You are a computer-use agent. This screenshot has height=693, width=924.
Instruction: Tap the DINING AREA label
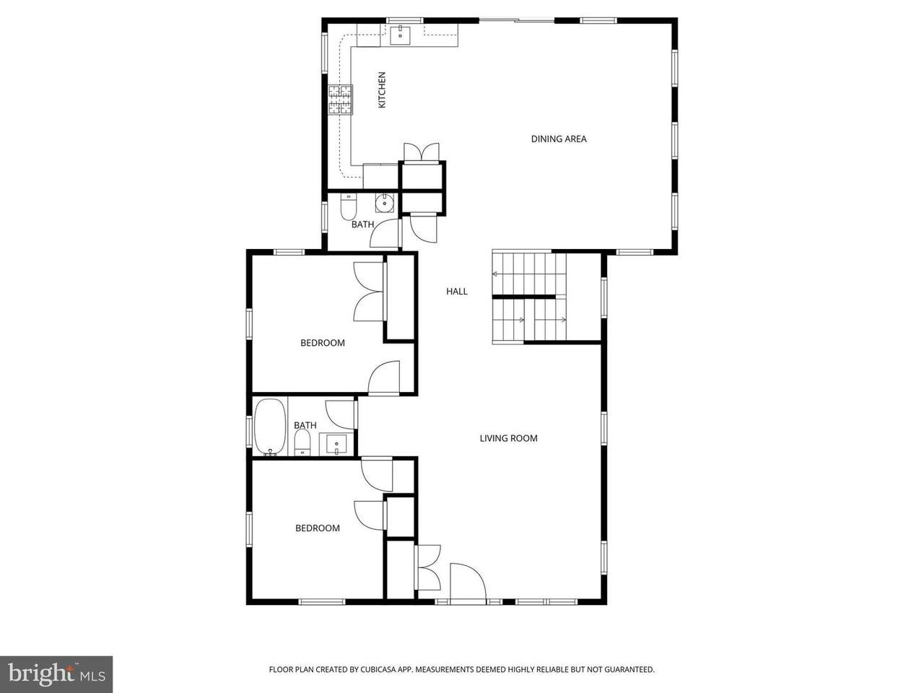click(x=559, y=139)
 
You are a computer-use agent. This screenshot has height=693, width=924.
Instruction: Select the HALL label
click(x=457, y=291)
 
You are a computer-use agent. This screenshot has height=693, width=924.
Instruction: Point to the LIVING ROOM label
click(x=508, y=438)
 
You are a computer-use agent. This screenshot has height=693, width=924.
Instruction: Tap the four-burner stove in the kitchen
click(x=340, y=100)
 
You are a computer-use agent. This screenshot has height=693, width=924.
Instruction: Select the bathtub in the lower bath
click(x=270, y=427)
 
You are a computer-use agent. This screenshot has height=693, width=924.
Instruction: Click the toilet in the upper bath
click(x=348, y=207)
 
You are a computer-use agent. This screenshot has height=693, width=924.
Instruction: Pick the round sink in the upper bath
click(x=384, y=204)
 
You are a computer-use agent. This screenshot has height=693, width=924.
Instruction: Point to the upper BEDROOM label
click(x=323, y=343)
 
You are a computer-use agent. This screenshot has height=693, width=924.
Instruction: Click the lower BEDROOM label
click(x=318, y=528)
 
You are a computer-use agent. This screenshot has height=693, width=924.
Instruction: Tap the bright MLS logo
click(x=56, y=674)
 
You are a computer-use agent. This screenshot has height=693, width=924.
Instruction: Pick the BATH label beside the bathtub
click(x=305, y=425)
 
